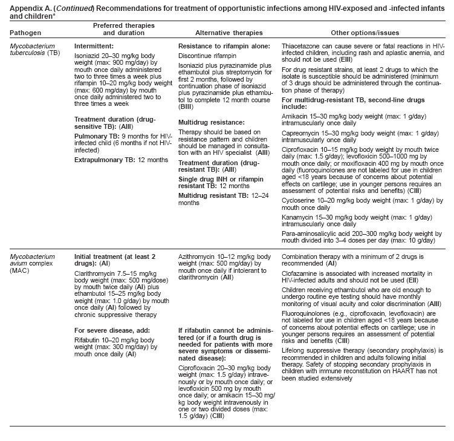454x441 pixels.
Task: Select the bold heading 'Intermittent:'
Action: pyautogui.click(x=94, y=46)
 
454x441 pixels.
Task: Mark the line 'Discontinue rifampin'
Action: pyautogui.click(x=207, y=57)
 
